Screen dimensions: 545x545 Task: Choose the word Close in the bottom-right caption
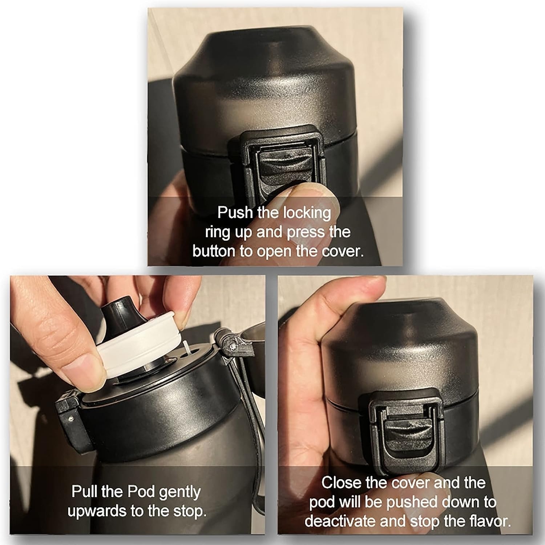[341, 483]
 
